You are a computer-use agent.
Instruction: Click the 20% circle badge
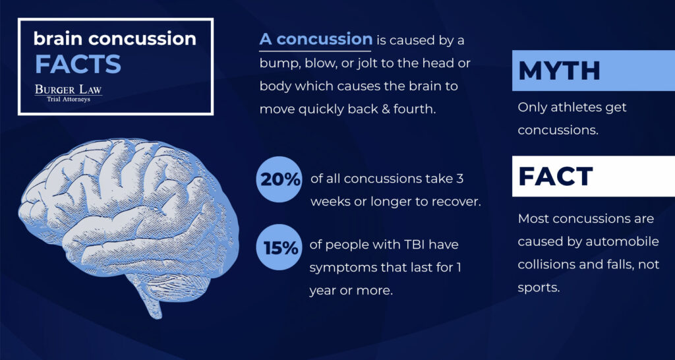pos(279,179)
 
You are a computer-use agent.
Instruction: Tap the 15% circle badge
pos(279,247)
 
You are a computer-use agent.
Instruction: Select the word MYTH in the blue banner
pos(559,71)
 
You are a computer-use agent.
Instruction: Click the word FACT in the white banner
pos(556,176)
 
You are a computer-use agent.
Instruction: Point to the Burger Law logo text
pos(69,90)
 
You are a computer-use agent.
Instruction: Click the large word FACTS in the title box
pos(78,64)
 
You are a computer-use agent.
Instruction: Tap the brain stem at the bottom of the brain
pos(151,301)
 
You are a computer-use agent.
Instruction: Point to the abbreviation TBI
pos(403,245)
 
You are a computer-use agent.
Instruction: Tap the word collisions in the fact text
pos(544,264)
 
